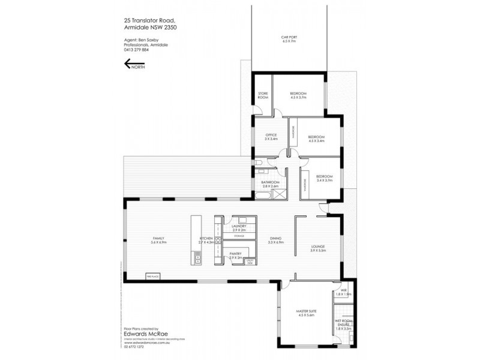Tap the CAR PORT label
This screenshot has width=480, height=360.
289,39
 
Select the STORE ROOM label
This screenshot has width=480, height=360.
263,95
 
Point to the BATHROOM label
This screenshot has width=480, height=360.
271,184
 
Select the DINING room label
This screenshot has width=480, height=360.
275,240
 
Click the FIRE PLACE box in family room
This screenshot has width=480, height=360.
152,276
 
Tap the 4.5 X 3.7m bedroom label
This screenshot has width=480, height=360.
298,95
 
